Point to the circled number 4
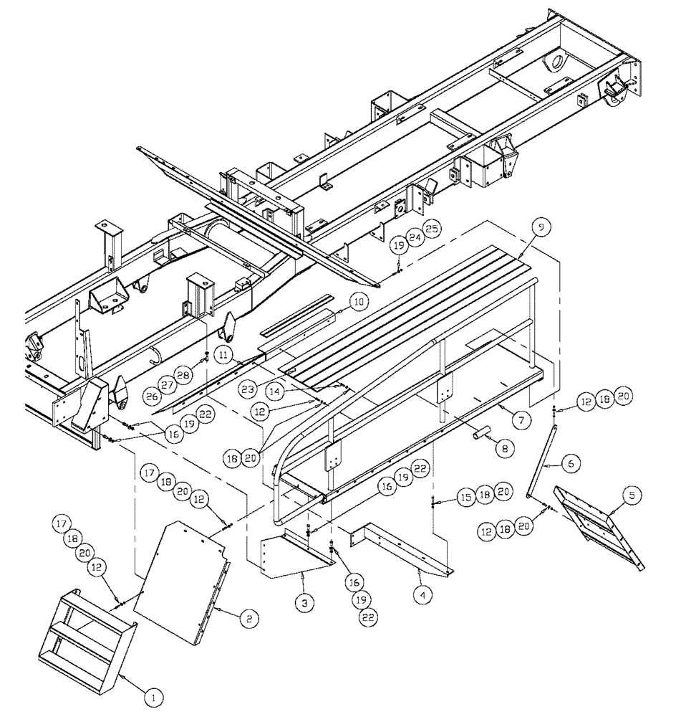(x=424, y=595)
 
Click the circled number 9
(x=541, y=227)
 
